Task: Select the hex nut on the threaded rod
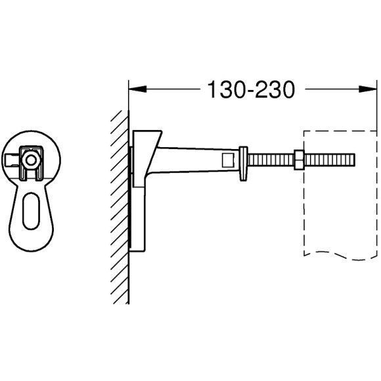298,160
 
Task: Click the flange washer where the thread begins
245,160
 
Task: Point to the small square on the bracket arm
227,160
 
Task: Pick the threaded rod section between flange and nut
271,160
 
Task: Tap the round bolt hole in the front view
30,160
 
